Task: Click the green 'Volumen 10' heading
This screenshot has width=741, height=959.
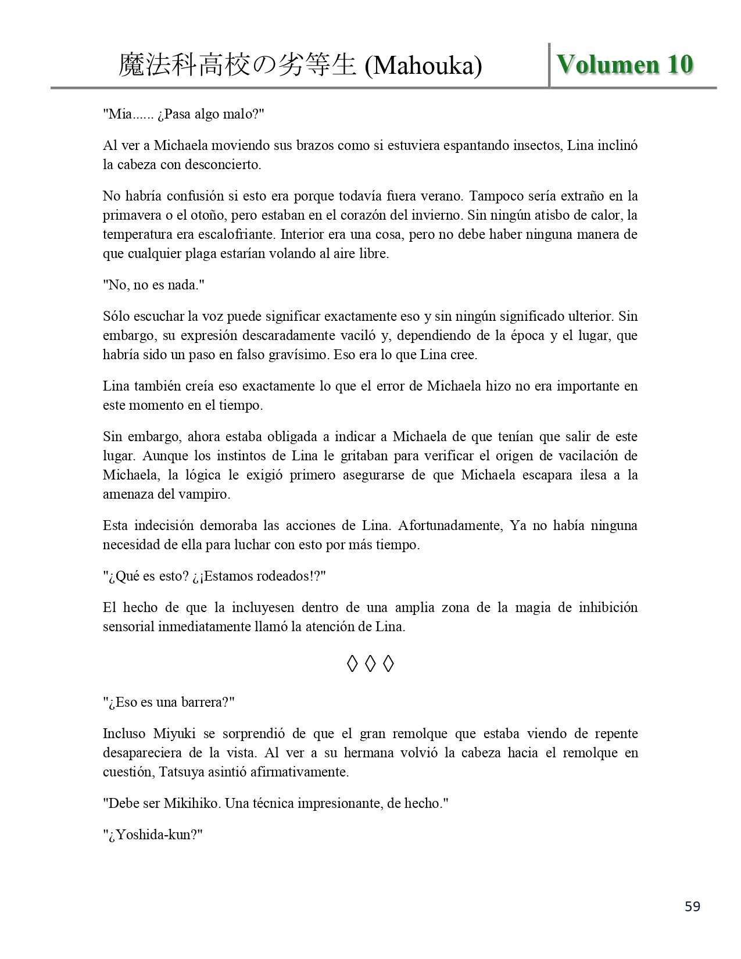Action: coord(625,64)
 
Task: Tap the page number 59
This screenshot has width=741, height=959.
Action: coord(692,906)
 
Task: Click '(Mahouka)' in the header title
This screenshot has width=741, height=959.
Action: coord(423,66)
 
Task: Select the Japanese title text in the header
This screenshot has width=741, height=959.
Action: coord(237,65)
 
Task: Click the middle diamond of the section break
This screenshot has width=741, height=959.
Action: coord(370,664)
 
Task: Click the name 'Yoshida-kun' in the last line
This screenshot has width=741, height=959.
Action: coord(153,835)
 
